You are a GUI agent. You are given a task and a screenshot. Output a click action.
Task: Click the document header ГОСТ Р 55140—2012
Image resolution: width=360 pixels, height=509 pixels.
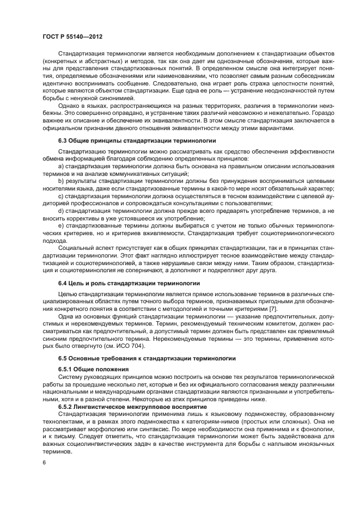(72, 36)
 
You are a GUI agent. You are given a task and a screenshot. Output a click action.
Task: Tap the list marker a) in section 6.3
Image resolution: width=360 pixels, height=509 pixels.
(61, 165)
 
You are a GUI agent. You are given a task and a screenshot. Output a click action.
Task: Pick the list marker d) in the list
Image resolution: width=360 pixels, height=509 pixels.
(61, 210)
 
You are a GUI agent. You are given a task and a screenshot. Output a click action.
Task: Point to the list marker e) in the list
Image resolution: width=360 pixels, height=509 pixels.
(61, 224)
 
